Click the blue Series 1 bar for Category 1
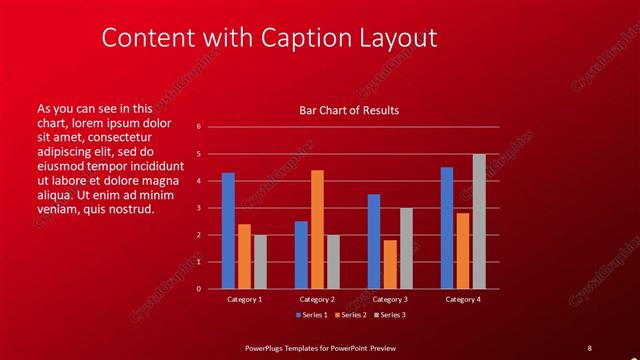click(x=228, y=231)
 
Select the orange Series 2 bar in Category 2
click(x=317, y=229)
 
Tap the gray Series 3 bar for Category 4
click(x=479, y=221)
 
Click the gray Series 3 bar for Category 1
click(x=260, y=262)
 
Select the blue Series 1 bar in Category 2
click(x=301, y=255)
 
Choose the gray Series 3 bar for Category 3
click(x=406, y=248)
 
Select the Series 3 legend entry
click(x=390, y=315)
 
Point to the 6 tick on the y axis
click(x=198, y=127)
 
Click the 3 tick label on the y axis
click(x=198, y=208)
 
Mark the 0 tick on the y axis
click(x=198, y=289)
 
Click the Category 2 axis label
click(x=317, y=299)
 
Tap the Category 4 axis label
click(x=462, y=299)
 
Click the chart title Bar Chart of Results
click(x=349, y=110)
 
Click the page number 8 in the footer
click(x=589, y=347)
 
